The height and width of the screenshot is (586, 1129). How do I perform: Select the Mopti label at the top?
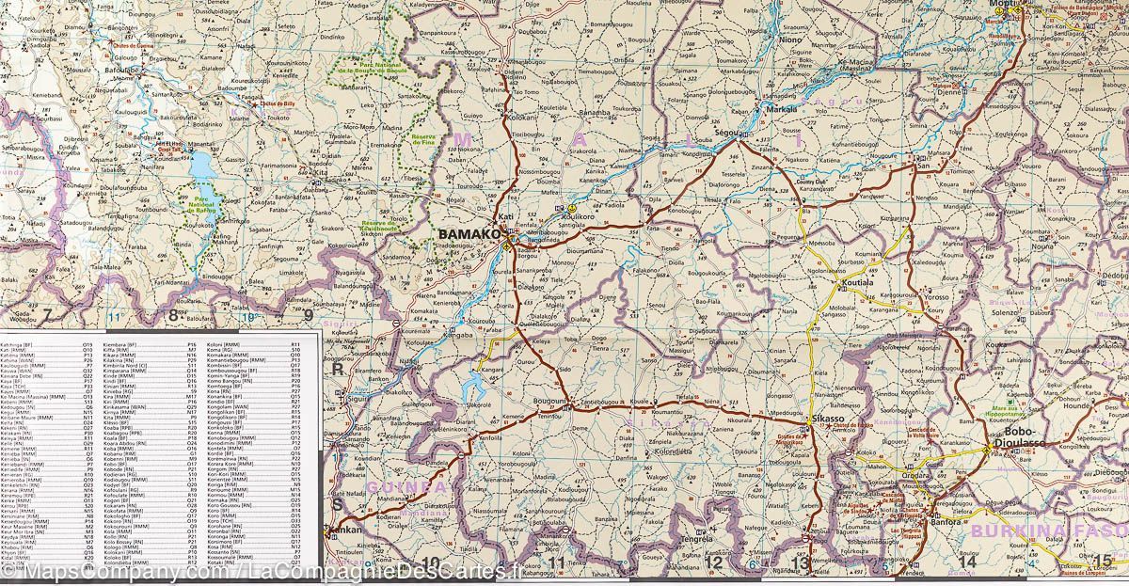point(1001,6)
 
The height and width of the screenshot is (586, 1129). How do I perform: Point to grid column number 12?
point(713,562)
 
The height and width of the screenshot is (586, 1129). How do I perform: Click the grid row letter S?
point(338,505)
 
